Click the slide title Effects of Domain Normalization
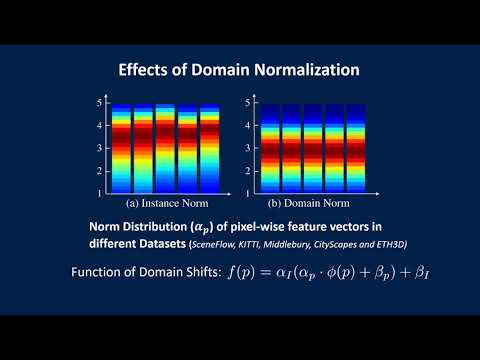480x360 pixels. (x=240, y=71)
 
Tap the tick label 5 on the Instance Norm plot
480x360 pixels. (x=99, y=103)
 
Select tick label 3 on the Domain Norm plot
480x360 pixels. (x=238, y=147)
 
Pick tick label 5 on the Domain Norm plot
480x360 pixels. (x=238, y=103)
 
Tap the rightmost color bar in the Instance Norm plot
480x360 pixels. (x=210, y=148)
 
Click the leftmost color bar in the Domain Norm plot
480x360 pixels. (x=259, y=148)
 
